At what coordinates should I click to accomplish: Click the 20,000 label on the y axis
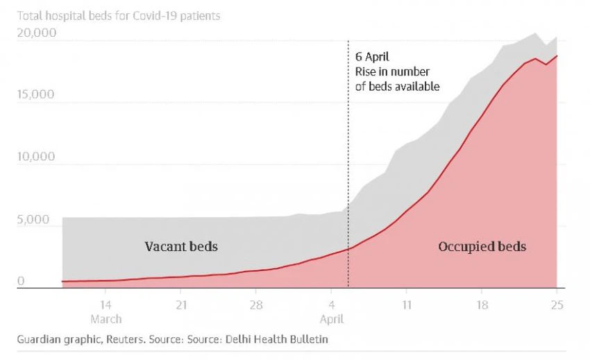pyautogui.click(x=36, y=33)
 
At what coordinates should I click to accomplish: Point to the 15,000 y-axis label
pyautogui.click(x=35, y=94)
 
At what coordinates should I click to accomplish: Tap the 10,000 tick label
pyautogui.click(x=35, y=157)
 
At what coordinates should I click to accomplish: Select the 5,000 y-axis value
pyautogui.click(x=33, y=220)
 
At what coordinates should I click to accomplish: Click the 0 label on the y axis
pyautogui.click(x=21, y=281)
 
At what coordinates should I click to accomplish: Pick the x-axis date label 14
pyautogui.click(x=106, y=305)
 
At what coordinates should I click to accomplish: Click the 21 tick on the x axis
pyautogui.click(x=180, y=305)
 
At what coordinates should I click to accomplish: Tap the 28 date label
pyautogui.click(x=255, y=305)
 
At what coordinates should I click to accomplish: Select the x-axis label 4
pyautogui.click(x=332, y=305)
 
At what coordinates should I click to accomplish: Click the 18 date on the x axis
pyautogui.click(x=482, y=305)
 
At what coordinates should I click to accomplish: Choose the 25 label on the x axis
pyautogui.click(x=556, y=305)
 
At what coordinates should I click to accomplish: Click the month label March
pyautogui.click(x=106, y=319)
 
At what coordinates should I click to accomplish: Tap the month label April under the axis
pyautogui.click(x=332, y=319)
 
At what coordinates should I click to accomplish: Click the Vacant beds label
pyautogui.click(x=180, y=246)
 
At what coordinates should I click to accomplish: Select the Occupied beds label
pyautogui.click(x=482, y=246)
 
